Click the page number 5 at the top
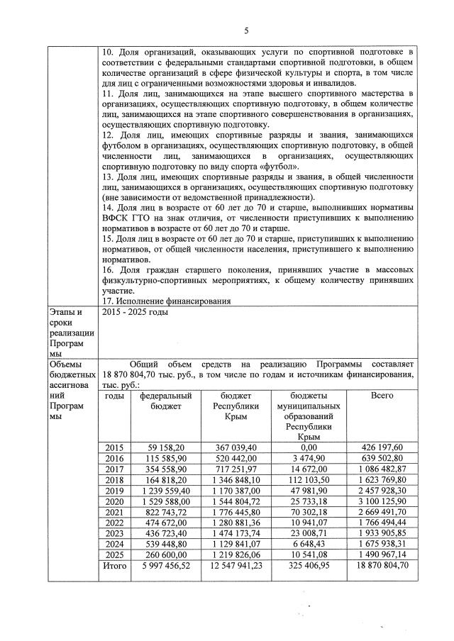[x=246, y=30]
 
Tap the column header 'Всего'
[x=382, y=395]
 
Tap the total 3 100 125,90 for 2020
[x=382, y=501]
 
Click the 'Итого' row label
[x=113, y=567]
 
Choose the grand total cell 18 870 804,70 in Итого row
[x=382, y=567]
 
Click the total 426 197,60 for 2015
[x=382, y=447]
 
